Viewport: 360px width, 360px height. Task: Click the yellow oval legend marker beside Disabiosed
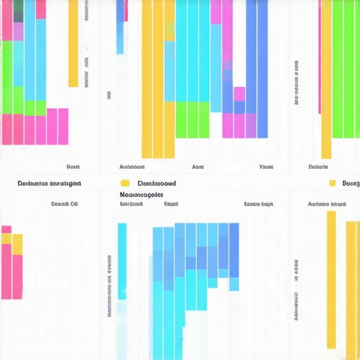click(x=125, y=183)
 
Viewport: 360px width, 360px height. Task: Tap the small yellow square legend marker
click(x=332, y=183)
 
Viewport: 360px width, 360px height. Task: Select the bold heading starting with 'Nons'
click(x=141, y=194)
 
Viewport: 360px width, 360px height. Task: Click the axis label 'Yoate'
click(x=266, y=167)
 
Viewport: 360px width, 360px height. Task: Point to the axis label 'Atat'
click(x=198, y=167)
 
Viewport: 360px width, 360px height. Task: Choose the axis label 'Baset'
click(x=72, y=167)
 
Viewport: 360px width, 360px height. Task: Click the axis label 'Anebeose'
click(x=131, y=167)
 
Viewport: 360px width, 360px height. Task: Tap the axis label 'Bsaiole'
click(x=319, y=167)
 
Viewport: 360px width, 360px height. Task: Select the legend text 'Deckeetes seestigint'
click(x=49, y=183)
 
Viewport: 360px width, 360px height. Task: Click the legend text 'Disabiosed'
click(x=157, y=183)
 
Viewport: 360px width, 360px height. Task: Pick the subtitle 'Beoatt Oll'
click(x=64, y=204)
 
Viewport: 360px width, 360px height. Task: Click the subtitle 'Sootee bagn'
click(x=258, y=204)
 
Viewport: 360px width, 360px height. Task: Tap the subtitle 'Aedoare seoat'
click(x=327, y=204)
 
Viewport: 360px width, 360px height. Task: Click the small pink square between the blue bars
click(x=240, y=94)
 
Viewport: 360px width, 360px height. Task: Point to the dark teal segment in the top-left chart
click(x=18, y=10)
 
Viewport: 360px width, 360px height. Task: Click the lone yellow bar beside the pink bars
click(x=73, y=42)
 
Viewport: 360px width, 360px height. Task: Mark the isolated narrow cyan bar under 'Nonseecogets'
click(x=122, y=260)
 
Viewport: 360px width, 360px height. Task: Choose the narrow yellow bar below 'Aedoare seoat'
click(x=331, y=278)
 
